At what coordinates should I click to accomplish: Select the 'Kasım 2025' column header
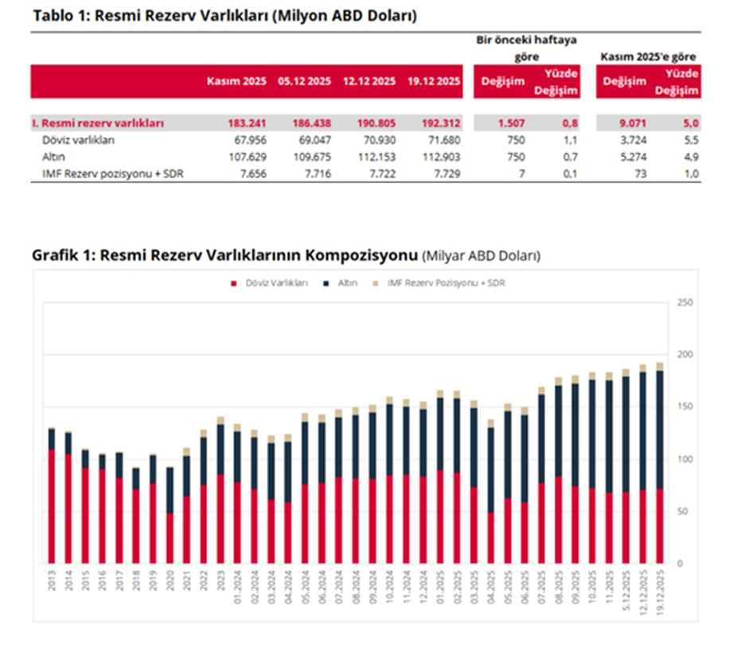coord(236,81)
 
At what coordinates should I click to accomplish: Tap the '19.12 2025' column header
coord(435,81)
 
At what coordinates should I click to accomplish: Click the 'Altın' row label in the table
coord(54,157)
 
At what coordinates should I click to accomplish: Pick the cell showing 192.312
coord(439,123)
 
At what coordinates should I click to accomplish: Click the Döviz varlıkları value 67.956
coord(247,141)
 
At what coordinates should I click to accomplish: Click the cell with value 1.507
coord(509,123)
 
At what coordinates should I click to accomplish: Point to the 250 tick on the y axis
coord(683,302)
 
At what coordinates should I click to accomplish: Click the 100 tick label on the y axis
coord(683,459)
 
